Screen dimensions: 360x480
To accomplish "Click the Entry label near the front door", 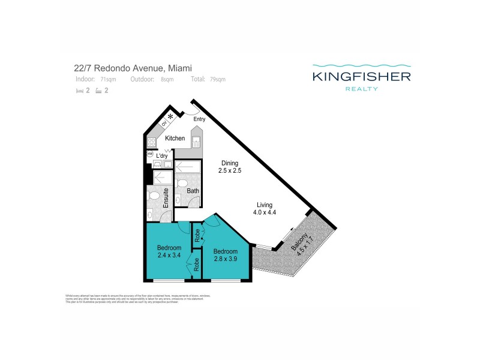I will tap(199, 119).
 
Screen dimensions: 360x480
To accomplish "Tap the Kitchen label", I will tap(175, 139).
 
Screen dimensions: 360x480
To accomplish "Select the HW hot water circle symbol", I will tap(150, 154).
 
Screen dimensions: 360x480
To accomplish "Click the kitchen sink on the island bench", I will tap(196, 142).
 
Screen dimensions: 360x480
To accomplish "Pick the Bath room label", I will tap(193, 191).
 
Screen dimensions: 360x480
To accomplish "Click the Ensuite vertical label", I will tap(166, 197).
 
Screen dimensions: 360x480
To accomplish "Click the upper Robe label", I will tap(196, 236).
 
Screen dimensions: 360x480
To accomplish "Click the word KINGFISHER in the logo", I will tap(361, 76).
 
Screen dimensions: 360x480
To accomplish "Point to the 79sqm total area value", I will tap(218, 79).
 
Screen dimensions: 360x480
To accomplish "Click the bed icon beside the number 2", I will tap(79, 91).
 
